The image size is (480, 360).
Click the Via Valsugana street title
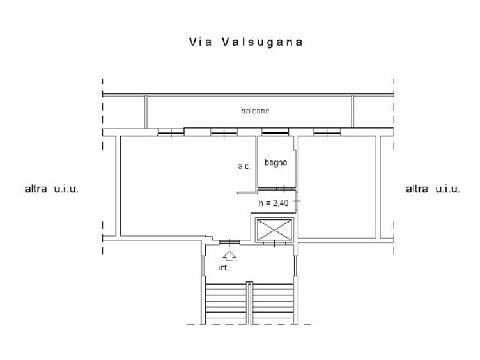(246, 42)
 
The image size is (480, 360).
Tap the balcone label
(255, 111)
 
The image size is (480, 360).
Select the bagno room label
(275, 162)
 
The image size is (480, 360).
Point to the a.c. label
(245, 166)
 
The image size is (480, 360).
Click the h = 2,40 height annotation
(274, 203)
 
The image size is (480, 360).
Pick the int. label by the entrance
(224, 268)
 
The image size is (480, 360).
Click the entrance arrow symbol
(229, 256)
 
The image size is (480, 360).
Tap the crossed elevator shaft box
(274, 230)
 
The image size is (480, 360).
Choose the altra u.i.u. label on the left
(51, 189)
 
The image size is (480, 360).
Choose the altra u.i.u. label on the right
(433, 189)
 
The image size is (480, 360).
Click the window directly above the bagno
(275, 132)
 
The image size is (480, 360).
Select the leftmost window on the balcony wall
(171, 132)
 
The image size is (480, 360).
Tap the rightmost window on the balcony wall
(327, 132)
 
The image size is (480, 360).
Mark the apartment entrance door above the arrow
(229, 242)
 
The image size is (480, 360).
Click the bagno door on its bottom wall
(284, 189)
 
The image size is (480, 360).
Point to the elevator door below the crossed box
(274, 244)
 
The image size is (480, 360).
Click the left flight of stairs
(226, 303)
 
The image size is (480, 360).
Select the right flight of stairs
(273, 303)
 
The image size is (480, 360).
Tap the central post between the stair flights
(249, 302)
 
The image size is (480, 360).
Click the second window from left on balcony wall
(224, 132)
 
